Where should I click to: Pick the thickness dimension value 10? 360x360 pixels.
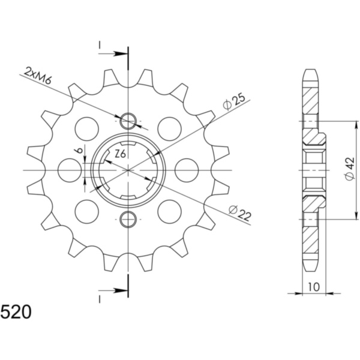[x=313, y=287]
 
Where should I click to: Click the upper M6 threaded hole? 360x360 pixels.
[x=128, y=122]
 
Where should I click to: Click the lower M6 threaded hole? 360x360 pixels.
[x=128, y=219]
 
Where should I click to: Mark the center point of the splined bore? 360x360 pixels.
[x=128, y=170]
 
